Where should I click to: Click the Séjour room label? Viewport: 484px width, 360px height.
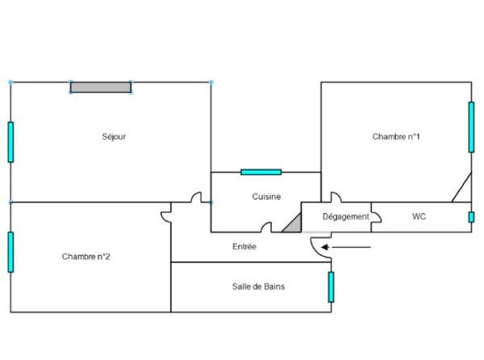pos(114,136)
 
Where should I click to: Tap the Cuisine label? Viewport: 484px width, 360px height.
pos(266,196)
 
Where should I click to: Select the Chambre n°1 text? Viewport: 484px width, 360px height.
pos(396,136)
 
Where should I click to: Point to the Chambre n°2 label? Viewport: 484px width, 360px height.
pos(86,257)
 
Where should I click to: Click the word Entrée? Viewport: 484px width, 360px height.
pos(244,246)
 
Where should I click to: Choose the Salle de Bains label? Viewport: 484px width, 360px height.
pos(258,287)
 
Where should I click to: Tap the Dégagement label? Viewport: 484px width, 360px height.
pos(346,217)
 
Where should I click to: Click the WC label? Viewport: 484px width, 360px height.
pos(419,216)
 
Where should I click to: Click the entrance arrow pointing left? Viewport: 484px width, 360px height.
pos(346,247)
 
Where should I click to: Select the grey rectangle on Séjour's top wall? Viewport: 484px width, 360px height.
pos(101,87)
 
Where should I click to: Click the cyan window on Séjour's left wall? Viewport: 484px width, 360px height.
pos(10,142)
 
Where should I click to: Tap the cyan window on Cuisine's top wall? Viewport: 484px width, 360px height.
pos(261,172)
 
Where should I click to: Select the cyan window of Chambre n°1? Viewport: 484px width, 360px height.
pos(471,127)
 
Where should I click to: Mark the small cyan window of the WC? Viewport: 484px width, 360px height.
pos(471,217)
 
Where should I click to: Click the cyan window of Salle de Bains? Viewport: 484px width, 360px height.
pos(332,287)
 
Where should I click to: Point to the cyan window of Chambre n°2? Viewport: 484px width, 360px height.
pos(10,252)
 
